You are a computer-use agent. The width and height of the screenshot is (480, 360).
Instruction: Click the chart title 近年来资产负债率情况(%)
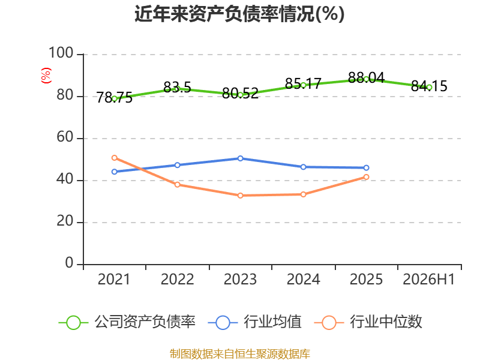[239, 14]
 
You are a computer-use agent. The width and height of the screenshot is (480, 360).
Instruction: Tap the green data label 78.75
[115, 98]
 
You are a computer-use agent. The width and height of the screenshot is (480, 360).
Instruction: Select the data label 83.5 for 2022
[177, 87]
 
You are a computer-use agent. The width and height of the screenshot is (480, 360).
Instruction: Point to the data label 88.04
[366, 78]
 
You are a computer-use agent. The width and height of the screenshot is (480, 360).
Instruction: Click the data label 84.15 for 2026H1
[429, 86]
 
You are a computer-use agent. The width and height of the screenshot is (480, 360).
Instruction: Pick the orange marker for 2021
[115, 158]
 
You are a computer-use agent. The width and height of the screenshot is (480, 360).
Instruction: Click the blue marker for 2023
[241, 158]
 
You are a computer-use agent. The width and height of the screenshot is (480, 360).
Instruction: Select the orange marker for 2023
[241, 196]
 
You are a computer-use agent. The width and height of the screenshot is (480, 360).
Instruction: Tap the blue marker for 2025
[366, 168]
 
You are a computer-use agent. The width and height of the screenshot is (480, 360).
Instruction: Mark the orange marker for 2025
[366, 177]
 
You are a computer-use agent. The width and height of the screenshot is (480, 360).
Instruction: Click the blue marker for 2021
[115, 172]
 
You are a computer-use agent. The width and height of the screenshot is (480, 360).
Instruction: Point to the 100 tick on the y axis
[61, 53]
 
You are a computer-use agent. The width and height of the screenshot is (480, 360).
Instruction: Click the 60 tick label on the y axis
[65, 137]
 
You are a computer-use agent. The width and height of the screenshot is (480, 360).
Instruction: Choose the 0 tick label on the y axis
[69, 263]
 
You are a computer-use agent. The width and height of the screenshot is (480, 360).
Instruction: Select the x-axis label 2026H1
[429, 279]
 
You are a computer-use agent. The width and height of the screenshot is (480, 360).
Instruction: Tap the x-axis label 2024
[303, 279]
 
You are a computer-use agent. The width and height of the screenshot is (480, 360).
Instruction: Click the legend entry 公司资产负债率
[127, 322]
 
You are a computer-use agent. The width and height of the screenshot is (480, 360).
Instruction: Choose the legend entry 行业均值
[254, 322]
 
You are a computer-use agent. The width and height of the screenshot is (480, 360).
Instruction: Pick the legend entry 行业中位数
[368, 322]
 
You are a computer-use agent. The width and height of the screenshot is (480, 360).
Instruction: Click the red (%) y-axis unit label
[46, 76]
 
